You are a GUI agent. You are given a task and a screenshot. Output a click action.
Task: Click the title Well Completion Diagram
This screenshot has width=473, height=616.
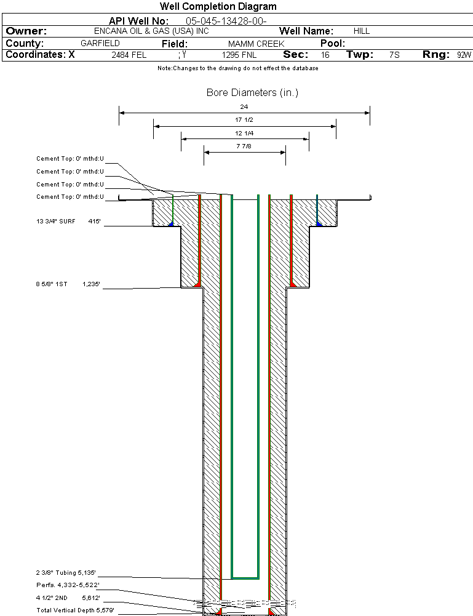[218, 7]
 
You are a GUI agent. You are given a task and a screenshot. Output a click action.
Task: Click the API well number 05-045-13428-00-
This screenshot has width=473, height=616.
[226, 21]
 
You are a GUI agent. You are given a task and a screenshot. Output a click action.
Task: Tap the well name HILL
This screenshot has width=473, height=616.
[362, 31]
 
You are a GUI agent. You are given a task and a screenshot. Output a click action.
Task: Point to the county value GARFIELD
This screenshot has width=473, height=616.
[100, 44]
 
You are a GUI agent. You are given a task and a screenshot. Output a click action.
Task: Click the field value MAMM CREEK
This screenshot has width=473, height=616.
[256, 44]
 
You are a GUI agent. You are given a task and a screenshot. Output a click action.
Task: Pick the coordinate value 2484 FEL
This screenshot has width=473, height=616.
[129, 55]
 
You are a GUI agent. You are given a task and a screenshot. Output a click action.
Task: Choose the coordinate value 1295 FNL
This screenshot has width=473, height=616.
[239, 55]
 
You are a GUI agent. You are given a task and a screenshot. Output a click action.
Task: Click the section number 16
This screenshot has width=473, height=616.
[325, 55]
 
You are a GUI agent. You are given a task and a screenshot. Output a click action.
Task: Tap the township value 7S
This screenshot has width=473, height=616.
[394, 55]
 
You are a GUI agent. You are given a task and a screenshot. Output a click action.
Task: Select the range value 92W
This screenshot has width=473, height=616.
[464, 55]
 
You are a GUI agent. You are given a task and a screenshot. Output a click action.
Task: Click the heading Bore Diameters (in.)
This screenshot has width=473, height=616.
[252, 93]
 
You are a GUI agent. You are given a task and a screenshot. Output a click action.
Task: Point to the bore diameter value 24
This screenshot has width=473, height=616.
[244, 107]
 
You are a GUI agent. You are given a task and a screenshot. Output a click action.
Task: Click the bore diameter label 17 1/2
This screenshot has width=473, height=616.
[244, 120]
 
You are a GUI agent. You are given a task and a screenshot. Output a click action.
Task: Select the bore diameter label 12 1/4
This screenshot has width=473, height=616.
[244, 133]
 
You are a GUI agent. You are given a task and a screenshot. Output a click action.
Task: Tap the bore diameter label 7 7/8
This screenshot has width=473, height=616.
[244, 146]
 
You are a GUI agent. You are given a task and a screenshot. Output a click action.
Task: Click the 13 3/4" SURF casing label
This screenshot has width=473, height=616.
[55, 221]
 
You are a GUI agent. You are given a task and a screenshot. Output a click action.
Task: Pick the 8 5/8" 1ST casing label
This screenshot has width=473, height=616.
[51, 285]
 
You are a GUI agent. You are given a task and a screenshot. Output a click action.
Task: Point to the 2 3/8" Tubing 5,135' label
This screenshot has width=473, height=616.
[67, 573]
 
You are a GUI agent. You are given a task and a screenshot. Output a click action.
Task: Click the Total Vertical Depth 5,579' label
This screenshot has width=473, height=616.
[75, 610]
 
